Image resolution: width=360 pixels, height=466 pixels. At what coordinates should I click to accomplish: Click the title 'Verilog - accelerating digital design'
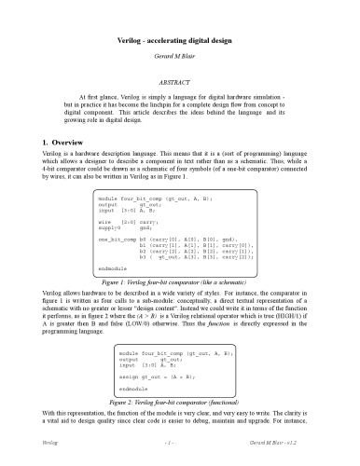pos(180,21)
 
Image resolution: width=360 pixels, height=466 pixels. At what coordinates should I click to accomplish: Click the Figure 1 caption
pos(180,280)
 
